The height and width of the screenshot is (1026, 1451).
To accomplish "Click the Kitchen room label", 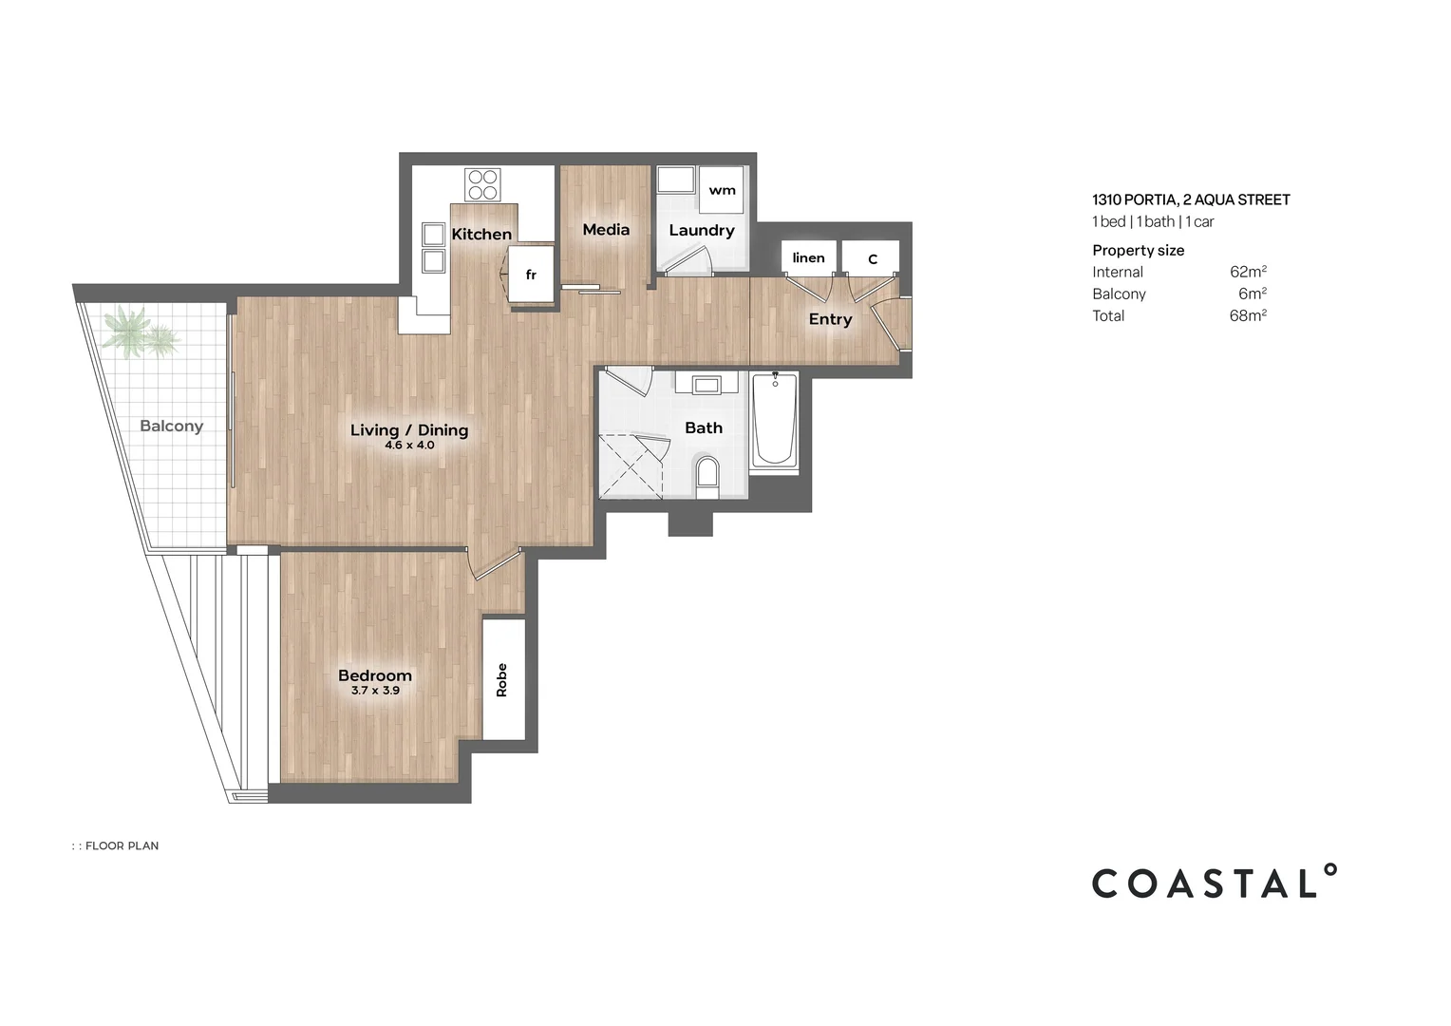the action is tap(481, 234).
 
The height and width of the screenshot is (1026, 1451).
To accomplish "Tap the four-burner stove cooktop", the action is tap(482, 184).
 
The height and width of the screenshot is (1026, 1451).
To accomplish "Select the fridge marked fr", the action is tap(531, 275).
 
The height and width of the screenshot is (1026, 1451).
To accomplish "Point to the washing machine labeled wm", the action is tap(721, 190).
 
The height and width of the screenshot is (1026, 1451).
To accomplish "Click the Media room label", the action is tap(606, 230).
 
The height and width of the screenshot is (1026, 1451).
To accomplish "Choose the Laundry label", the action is tap(702, 231).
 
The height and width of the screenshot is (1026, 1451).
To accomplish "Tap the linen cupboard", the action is tap(808, 257).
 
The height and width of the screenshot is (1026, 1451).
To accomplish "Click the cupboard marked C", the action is tap(871, 258).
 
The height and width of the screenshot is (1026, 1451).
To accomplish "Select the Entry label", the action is tap(831, 319).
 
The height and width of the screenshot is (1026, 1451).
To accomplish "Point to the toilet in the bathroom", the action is tap(707, 477).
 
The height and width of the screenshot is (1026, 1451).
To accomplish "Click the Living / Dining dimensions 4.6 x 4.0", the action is tap(409, 446).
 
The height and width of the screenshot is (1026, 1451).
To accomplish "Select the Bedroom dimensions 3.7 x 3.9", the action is tap(375, 691).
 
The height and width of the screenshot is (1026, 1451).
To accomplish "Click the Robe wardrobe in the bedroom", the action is tap(503, 679).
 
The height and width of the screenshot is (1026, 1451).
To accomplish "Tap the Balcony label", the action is tap(172, 426).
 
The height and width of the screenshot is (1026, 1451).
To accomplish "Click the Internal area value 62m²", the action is tap(1248, 272).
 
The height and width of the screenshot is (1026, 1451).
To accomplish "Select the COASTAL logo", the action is tap(1215, 882).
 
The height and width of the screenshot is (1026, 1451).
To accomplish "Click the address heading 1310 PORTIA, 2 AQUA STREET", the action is tap(1191, 199).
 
